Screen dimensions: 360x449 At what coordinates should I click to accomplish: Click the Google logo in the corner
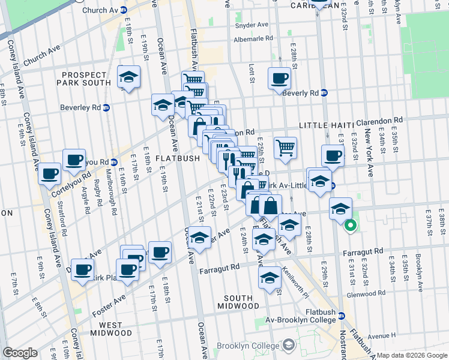pos(20,353)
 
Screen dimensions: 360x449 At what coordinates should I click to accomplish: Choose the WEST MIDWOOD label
pos(111,332)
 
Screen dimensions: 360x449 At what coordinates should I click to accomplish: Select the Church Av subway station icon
pos(123,10)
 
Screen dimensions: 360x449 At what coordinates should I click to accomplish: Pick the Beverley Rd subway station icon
pos(106,108)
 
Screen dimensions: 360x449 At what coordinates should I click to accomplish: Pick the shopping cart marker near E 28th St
pos(286,147)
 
